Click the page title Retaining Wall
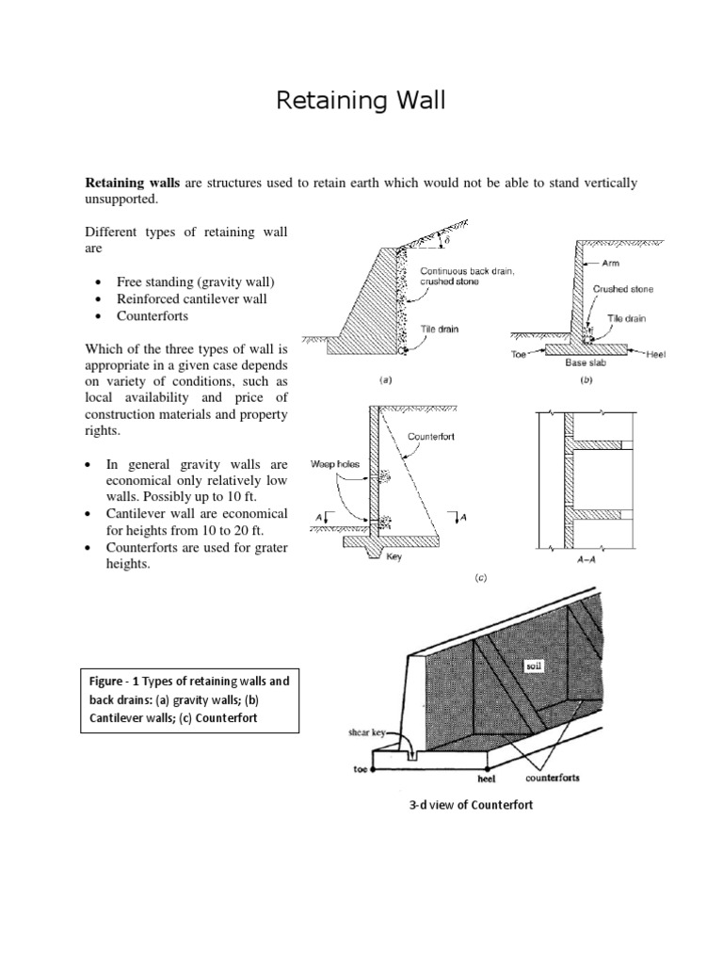click(361, 101)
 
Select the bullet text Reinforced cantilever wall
click(191, 298)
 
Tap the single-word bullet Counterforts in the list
click(152, 315)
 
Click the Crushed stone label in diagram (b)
click(621, 290)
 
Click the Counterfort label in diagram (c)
click(433, 437)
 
